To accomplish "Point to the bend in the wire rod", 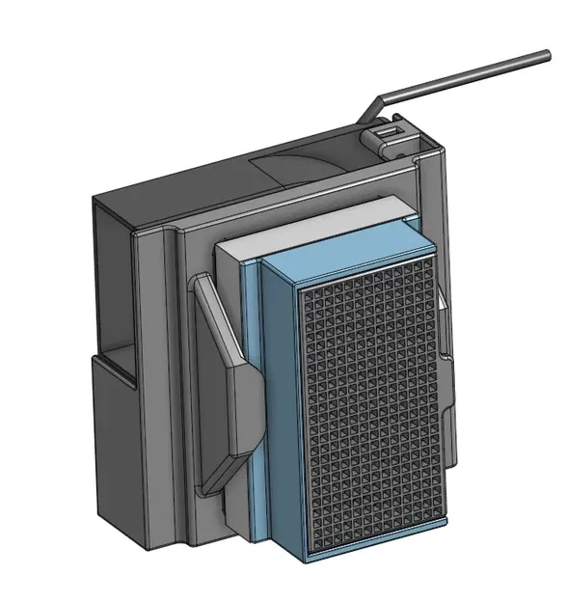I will (383, 99).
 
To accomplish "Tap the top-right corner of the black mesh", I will (439, 260).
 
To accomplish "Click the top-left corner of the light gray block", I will (217, 245).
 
